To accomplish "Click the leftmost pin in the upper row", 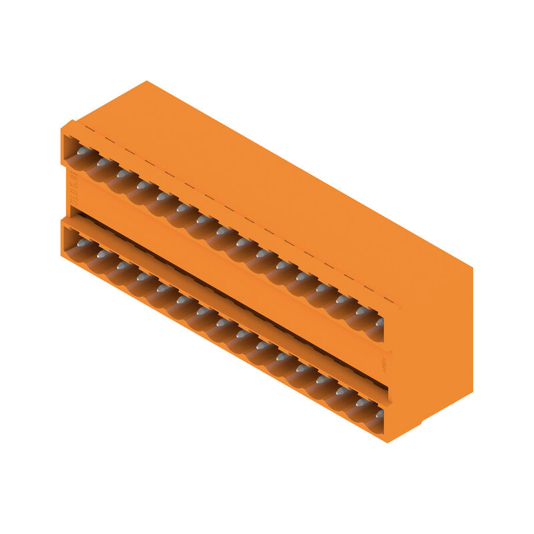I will pos(83,152).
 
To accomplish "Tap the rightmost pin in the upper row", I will pos(379,322).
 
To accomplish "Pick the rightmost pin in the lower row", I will pos(379,415).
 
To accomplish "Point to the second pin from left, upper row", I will pos(103,163).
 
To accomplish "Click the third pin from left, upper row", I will pos(123,174).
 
